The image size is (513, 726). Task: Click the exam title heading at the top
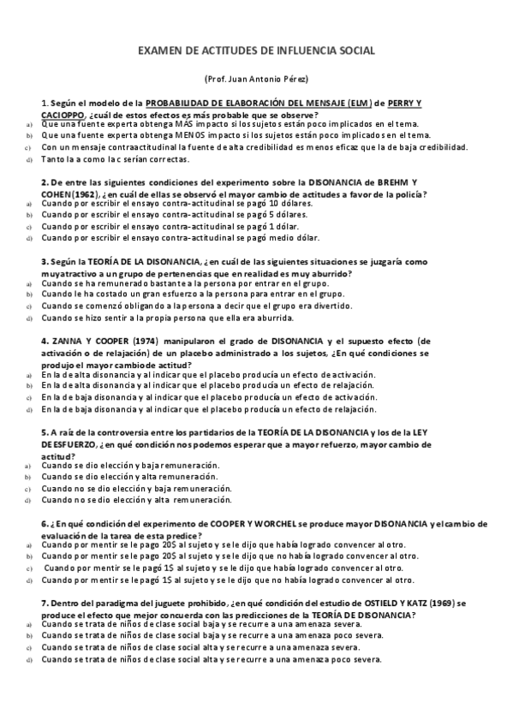pyautogui.click(x=256, y=51)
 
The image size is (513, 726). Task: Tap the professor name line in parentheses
pyautogui.click(x=256, y=79)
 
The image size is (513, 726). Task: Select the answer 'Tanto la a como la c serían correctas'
pyautogui.click(x=126, y=159)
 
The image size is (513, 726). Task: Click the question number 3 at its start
pyautogui.click(x=44, y=262)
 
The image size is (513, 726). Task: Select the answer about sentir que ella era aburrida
pyautogui.click(x=171, y=317)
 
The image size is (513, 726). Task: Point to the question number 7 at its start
pyautogui.click(x=44, y=604)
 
